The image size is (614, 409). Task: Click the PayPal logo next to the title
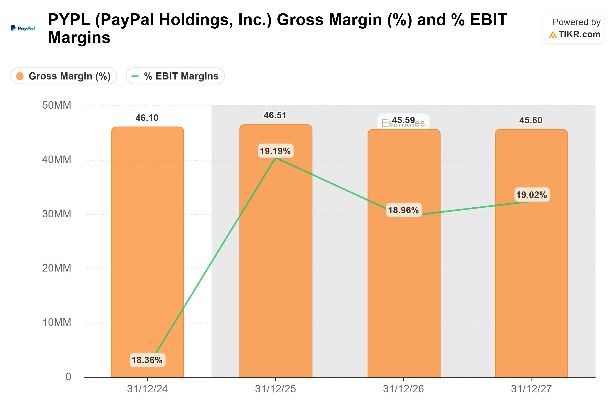(23, 28)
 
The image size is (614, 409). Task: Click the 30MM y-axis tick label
(57, 214)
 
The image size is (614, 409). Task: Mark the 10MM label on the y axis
(57, 322)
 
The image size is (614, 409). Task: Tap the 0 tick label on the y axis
(68, 377)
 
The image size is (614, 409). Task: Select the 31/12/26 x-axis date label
(403, 389)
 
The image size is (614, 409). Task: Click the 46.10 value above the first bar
(147, 118)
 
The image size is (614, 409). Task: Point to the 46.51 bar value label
(275, 116)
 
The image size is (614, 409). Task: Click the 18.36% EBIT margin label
(147, 360)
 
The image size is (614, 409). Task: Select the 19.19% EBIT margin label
(275, 151)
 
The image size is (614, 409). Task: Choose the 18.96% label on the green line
(403, 210)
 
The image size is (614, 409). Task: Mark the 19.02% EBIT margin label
(532, 195)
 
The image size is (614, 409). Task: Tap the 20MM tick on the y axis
(57, 268)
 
